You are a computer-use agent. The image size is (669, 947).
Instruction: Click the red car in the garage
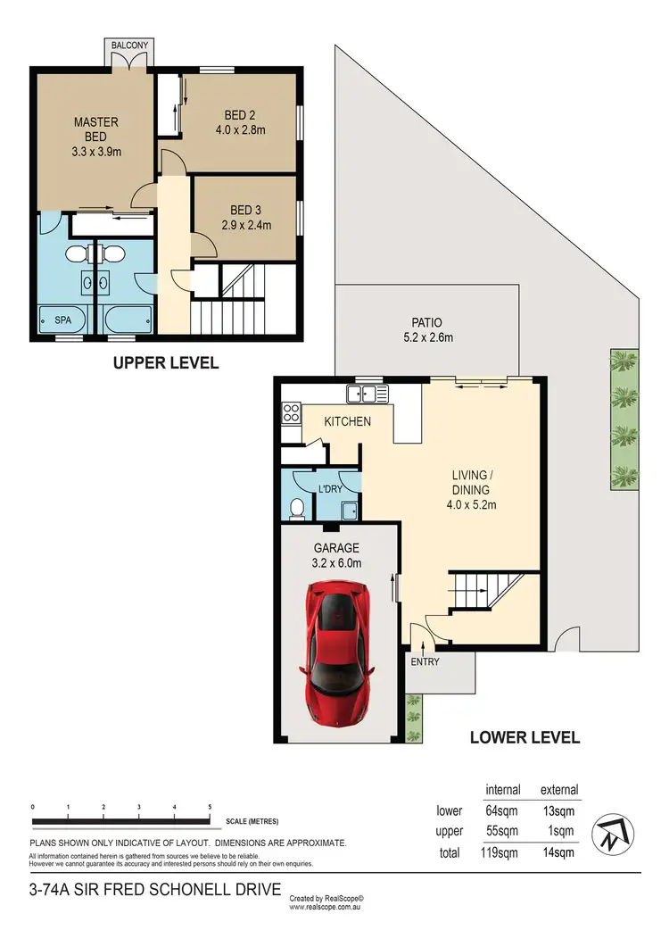[337, 655]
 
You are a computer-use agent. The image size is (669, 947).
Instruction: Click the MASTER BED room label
[96, 137]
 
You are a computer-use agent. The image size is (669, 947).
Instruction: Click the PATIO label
[426, 322]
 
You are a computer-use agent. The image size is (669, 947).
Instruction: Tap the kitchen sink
[368, 393]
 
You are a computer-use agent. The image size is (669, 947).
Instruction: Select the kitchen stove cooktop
[292, 412]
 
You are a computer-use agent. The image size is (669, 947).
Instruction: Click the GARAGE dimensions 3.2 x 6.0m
[335, 563]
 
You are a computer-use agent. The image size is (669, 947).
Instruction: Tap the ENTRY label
[424, 662]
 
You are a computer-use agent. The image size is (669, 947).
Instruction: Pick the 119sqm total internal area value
[503, 852]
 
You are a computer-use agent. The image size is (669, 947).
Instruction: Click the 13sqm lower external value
[559, 810]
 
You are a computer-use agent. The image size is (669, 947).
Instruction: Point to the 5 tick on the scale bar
[210, 806]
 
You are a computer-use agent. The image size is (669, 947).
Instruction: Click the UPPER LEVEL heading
[165, 363]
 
